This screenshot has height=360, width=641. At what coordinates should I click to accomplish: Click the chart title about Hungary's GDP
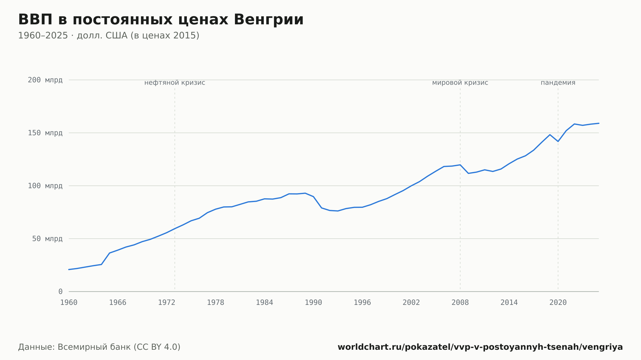point(161,20)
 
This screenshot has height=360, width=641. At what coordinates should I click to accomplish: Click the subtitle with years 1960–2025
point(109,36)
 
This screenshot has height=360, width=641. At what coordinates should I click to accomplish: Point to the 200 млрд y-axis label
point(45,80)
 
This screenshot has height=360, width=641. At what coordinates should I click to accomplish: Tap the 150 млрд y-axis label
point(45,133)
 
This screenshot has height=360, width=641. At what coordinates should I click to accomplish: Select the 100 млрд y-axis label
point(45,186)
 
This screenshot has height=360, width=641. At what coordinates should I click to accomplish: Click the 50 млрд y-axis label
point(47,239)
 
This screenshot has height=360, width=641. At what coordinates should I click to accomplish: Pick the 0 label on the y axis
point(61,291)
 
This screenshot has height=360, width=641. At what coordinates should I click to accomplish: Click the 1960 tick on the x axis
point(69,303)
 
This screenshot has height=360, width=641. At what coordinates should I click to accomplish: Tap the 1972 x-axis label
point(167,303)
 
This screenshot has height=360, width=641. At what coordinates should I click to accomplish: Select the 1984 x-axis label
point(264,303)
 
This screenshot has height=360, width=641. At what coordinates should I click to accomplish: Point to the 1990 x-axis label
point(313,303)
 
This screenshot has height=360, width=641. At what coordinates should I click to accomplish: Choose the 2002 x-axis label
point(411,303)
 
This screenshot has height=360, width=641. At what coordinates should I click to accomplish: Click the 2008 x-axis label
point(460,303)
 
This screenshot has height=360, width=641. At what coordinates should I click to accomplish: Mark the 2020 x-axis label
point(558,303)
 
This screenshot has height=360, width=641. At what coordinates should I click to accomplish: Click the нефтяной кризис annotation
point(175,83)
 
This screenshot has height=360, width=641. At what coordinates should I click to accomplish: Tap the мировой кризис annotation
point(460,83)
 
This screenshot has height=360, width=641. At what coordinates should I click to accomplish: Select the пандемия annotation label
point(558,83)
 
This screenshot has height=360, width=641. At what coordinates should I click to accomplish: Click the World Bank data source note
point(99,347)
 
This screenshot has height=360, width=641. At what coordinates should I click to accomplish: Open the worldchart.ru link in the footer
point(480,347)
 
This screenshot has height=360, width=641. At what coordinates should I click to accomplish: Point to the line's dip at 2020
point(558,141)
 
